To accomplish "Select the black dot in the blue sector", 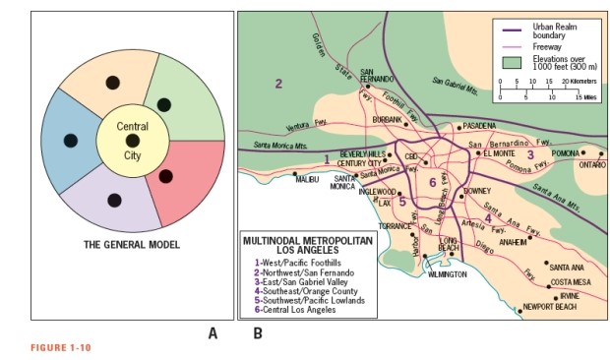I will coord(70,139).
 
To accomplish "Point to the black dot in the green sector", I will coord(164,104).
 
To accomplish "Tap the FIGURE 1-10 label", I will coord(61,347).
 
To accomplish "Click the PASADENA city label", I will coord(480,127).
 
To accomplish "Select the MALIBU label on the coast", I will coord(308,179).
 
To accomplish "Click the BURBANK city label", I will coord(388,119).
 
